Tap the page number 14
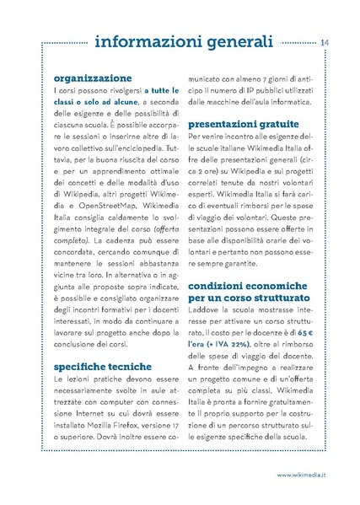(x=325, y=42)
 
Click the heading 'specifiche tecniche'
(x=102, y=367)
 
